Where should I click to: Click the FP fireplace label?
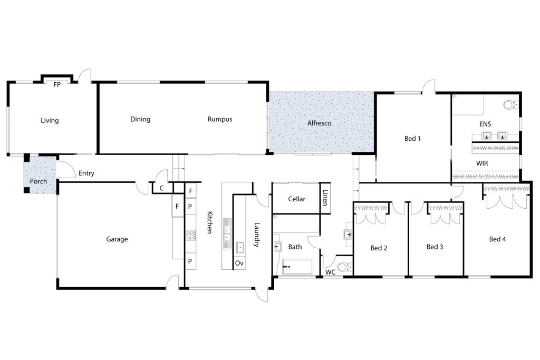point(57,85)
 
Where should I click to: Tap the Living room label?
point(50,121)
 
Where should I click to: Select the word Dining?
point(140,120)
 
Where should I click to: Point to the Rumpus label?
point(220,120)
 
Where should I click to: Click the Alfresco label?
point(319,123)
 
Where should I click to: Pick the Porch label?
point(38,181)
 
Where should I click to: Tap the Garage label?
point(117,239)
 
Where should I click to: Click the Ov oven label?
point(239,264)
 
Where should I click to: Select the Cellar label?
point(296,199)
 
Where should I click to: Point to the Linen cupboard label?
point(325,198)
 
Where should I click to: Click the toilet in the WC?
point(345,267)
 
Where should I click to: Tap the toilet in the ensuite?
point(511,104)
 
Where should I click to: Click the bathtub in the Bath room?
point(297,267)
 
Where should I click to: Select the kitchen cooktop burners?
point(190,236)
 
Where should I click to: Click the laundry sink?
point(240,247)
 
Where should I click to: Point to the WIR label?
point(482,163)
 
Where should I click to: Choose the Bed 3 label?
point(435,247)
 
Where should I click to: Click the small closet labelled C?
point(161,188)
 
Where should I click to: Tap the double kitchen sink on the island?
point(227,233)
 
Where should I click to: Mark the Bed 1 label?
point(412,139)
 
